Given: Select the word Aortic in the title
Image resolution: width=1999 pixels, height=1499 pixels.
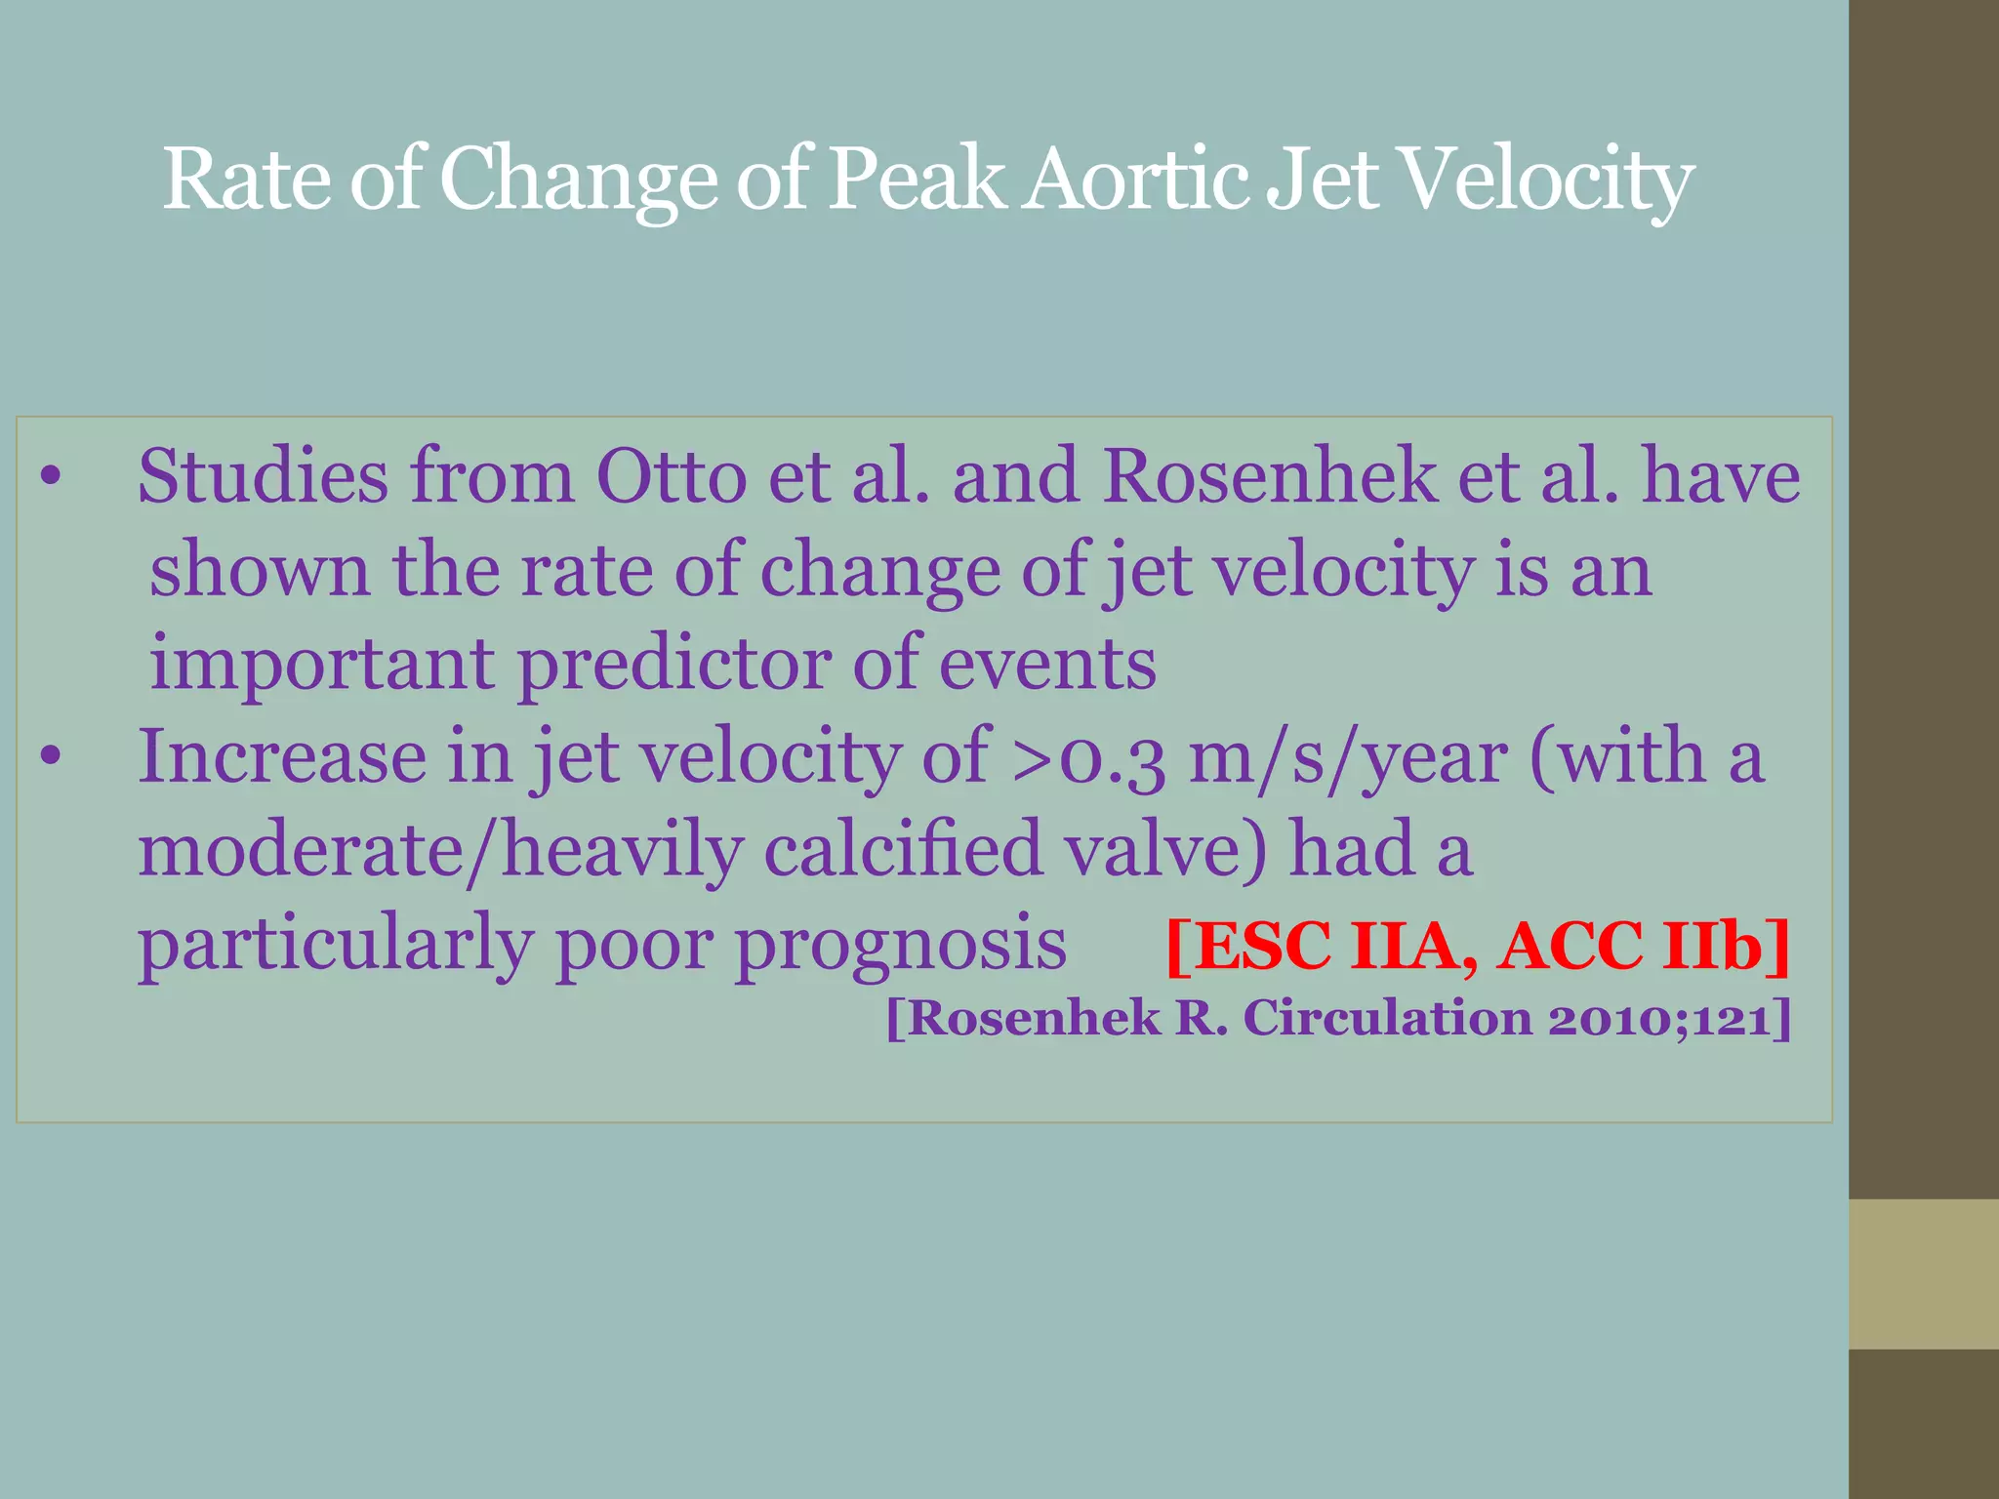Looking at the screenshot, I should tap(1136, 180).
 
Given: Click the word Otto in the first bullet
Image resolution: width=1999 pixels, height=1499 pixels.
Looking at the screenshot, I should tap(671, 476).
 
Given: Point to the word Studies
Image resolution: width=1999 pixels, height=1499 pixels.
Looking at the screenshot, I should tap(262, 476).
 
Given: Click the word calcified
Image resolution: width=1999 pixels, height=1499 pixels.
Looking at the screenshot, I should tap(903, 849).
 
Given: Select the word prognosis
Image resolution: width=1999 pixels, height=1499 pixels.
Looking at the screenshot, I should tap(900, 945).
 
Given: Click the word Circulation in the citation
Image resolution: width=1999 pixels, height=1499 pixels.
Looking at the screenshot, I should tap(1387, 1019).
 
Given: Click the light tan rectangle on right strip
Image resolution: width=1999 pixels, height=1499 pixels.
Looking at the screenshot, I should tap(1923, 1274).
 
